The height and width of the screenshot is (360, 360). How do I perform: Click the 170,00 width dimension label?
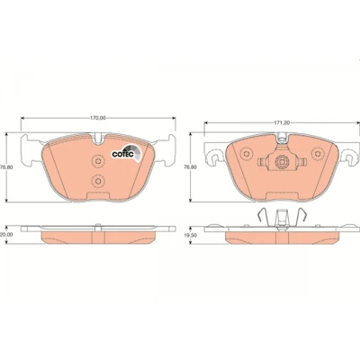click(98, 118)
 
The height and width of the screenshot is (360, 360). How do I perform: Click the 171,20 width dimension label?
click(282, 122)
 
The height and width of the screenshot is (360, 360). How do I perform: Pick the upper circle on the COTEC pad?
click(98, 161)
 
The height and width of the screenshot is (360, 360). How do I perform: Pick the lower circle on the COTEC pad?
click(98, 181)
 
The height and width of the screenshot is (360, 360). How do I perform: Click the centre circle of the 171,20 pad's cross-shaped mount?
click(282, 162)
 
